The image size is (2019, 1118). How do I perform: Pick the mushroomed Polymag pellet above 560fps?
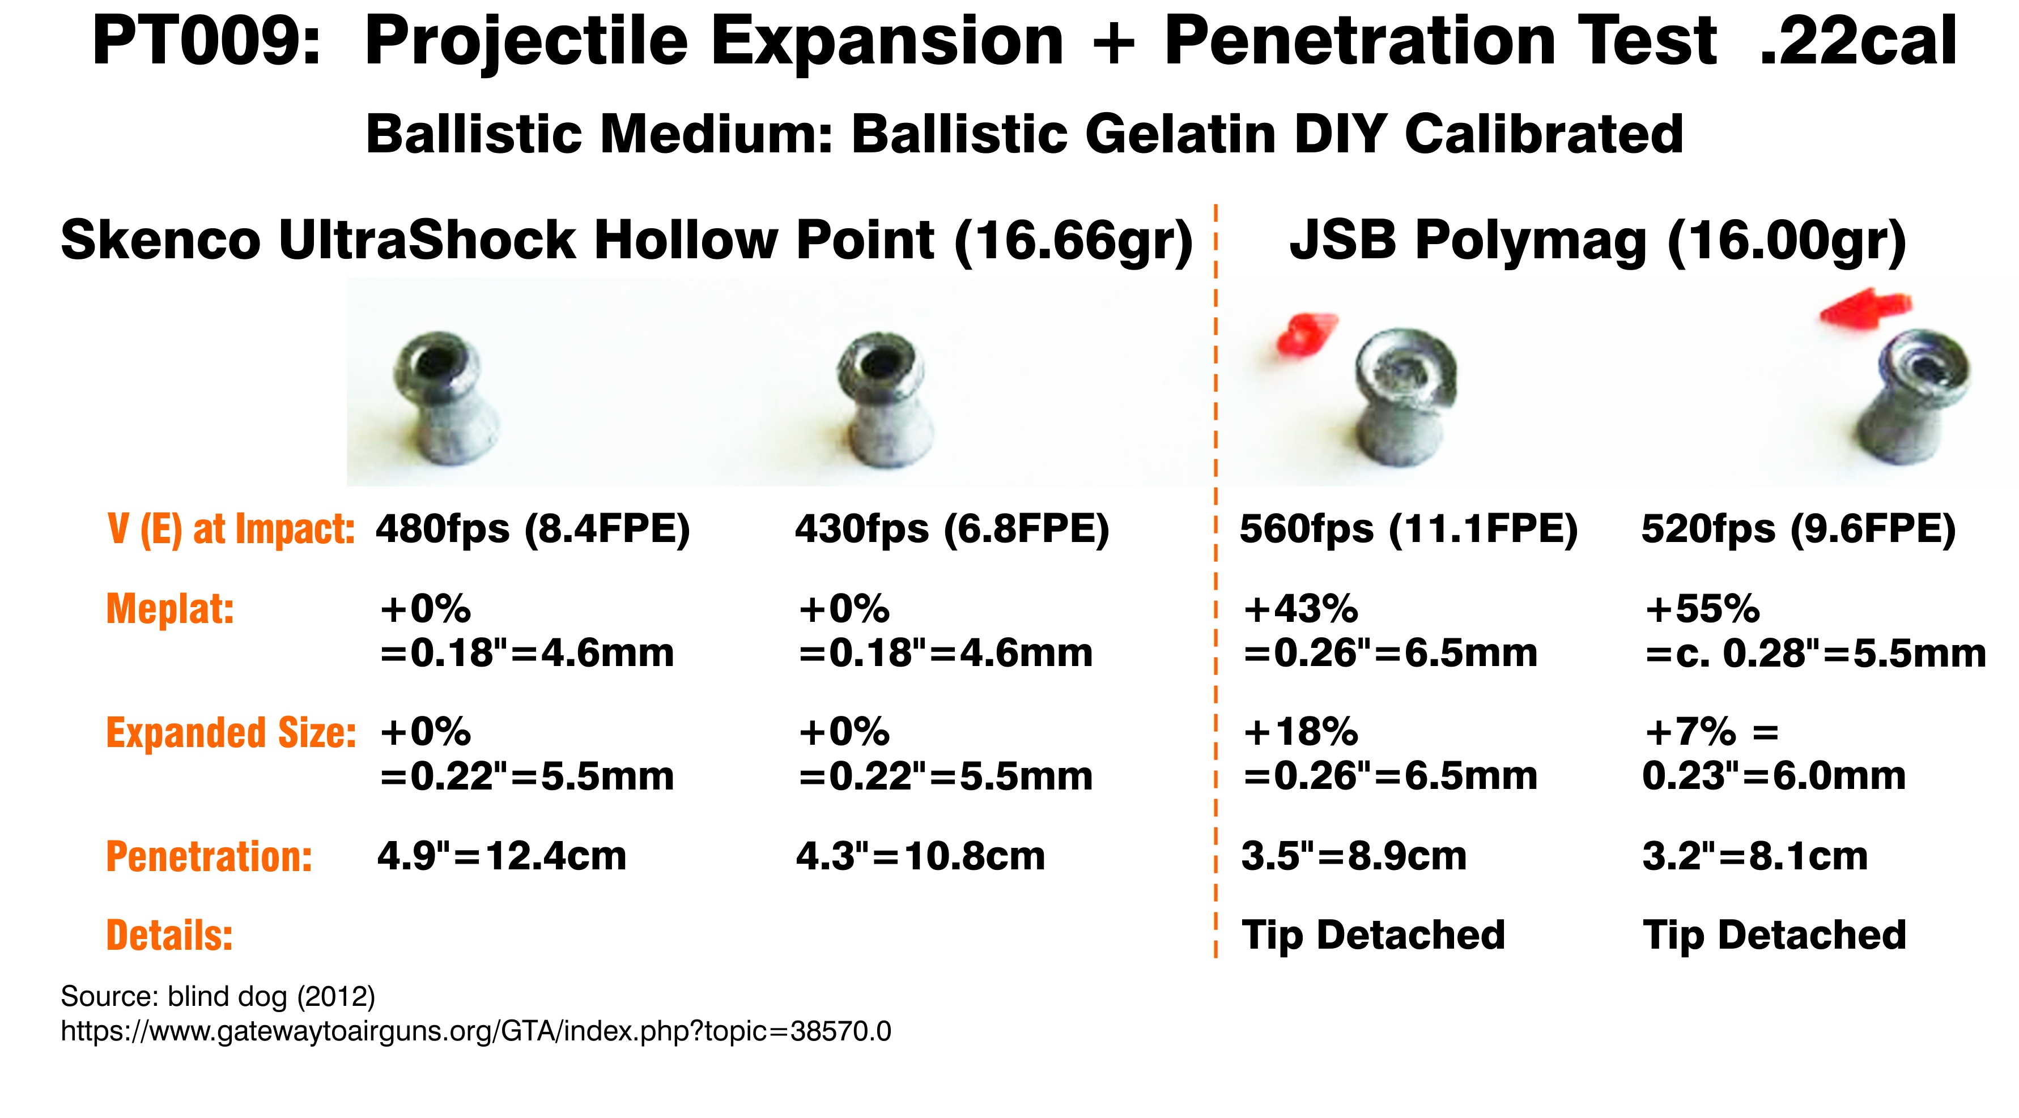tap(1403, 399)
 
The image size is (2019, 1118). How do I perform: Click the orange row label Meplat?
tap(170, 609)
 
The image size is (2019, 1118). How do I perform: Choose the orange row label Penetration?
tap(209, 856)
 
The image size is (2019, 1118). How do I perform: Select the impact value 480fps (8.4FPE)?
tap(533, 530)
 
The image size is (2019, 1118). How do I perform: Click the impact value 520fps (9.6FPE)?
tap(1799, 530)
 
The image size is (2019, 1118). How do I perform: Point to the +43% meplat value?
tap(1301, 609)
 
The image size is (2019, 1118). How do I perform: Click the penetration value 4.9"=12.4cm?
tap(501, 856)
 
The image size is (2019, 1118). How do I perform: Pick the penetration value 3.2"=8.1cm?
tap(1755, 856)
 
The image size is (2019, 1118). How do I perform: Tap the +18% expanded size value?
tap(1301, 732)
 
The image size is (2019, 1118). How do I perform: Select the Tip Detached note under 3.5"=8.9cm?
tap(1373, 934)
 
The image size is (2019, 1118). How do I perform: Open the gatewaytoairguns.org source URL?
tap(476, 1031)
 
